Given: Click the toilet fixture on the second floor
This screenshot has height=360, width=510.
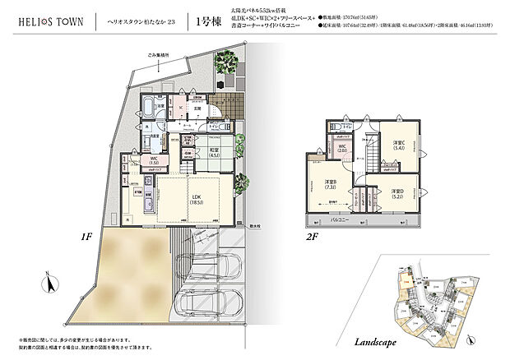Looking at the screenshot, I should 339,126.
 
